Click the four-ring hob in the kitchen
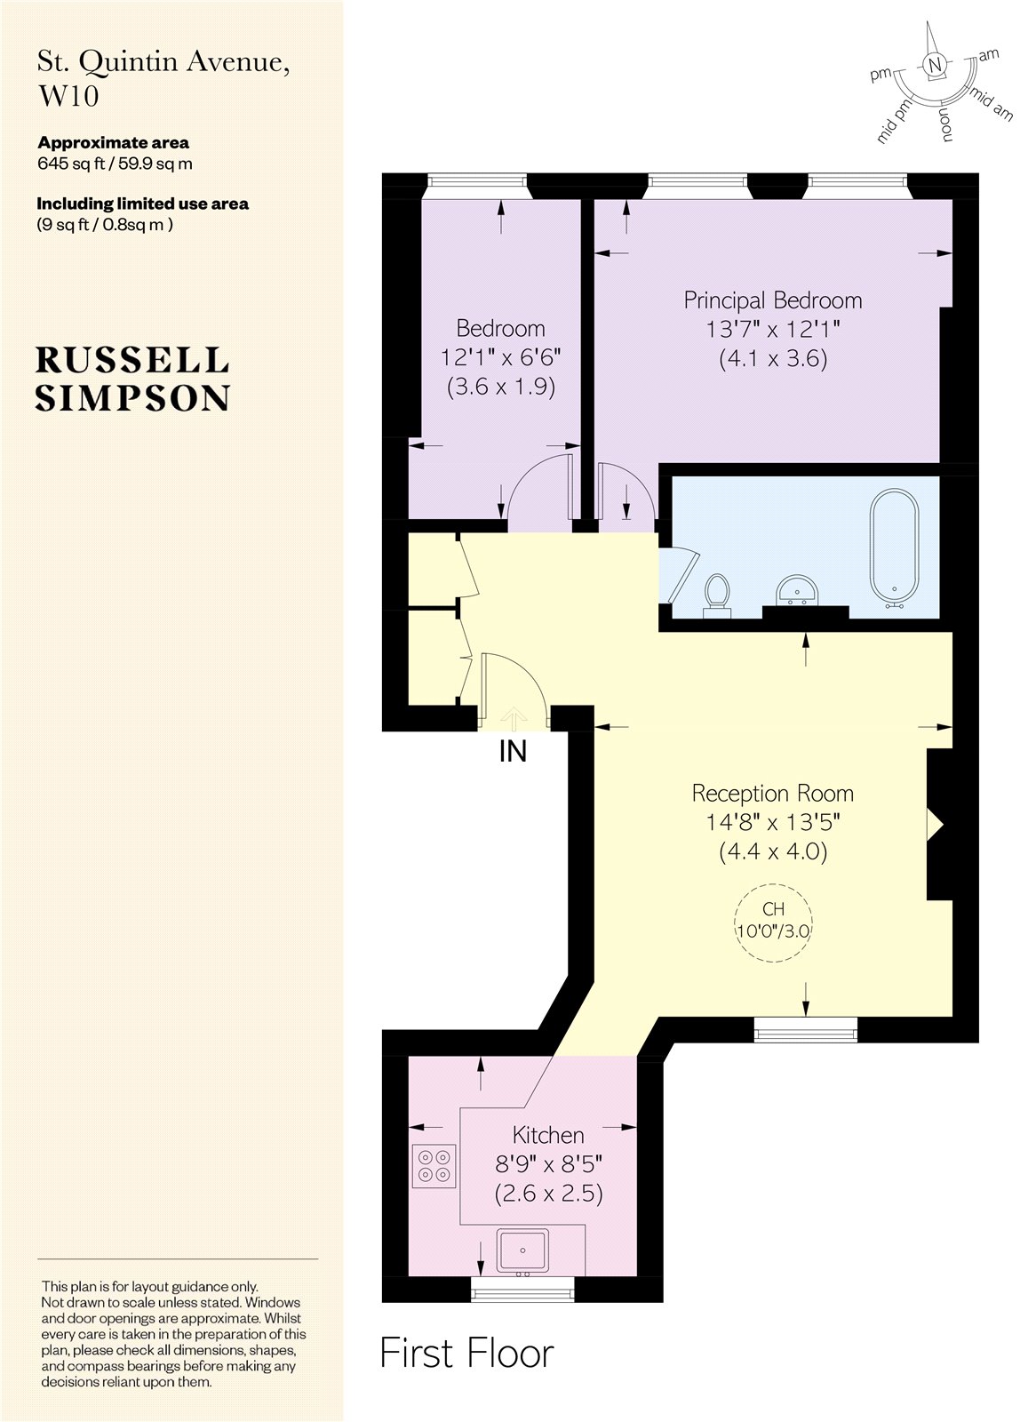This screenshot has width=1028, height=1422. [x=434, y=1165]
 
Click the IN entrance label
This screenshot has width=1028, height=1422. [x=513, y=752]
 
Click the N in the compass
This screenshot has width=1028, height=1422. [x=933, y=65]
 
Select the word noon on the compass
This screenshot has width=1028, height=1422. [x=947, y=124]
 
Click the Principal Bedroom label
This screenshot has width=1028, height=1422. [x=772, y=300]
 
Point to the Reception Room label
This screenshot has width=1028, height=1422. [x=772, y=793]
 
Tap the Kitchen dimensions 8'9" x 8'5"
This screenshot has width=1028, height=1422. [x=548, y=1163]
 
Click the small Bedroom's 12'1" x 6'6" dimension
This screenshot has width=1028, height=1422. [x=500, y=358]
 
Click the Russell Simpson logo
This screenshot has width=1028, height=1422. [x=133, y=379]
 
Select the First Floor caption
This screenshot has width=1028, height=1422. [x=466, y=1354]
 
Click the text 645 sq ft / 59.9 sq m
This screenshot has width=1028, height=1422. [x=115, y=164]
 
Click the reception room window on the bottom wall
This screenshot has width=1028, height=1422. [x=806, y=1029]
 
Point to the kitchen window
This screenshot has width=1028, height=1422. [x=522, y=1290]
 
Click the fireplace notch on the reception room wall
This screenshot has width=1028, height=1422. [x=935, y=824]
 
